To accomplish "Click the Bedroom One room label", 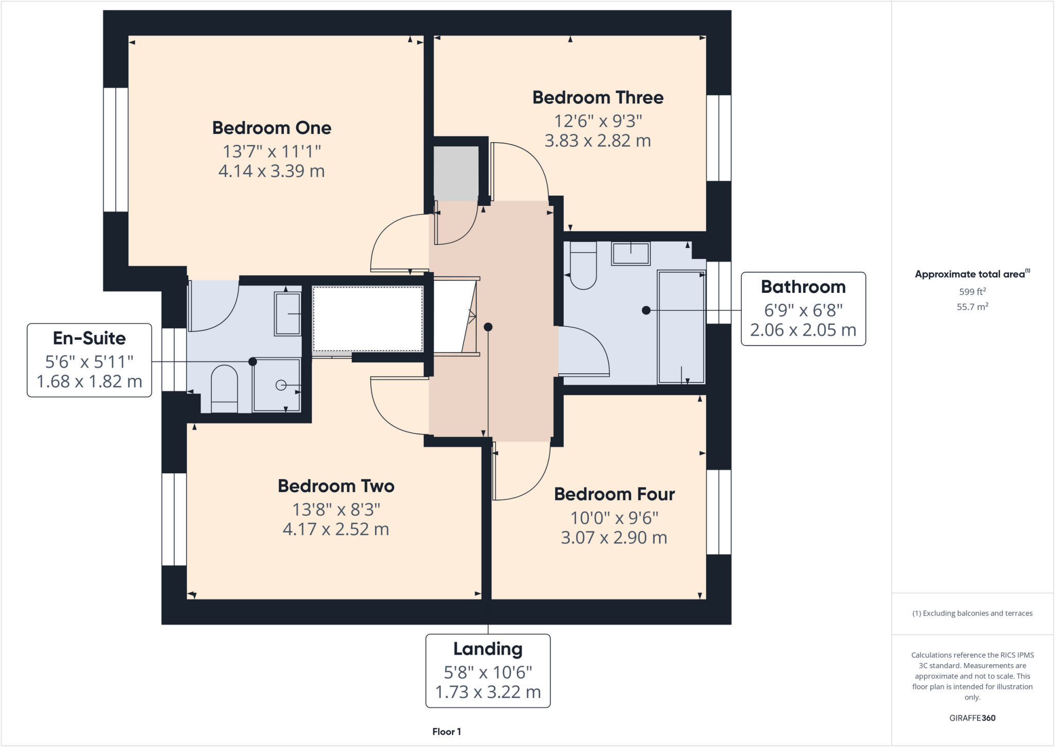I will click(x=271, y=128).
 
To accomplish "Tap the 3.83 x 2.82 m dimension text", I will click(x=598, y=141).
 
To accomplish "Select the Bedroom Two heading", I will click(x=336, y=486).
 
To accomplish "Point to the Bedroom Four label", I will click(x=614, y=494).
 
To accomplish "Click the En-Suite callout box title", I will click(x=89, y=338).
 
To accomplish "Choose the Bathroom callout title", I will click(x=803, y=287).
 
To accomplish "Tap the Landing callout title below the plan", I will click(x=488, y=649).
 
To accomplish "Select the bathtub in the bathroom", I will click(x=681, y=327).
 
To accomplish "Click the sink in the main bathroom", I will click(x=631, y=254).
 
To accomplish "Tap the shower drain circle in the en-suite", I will click(x=281, y=385).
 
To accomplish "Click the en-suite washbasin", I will click(x=287, y=314).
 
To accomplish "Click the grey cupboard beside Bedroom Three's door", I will click(x=456, y=173).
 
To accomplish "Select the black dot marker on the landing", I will click(x=488, y=327).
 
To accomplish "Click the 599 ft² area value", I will click(x=972, y=291).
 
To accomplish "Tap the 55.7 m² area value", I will click(x=972, y=307).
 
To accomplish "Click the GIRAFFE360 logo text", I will click(x=972, y=718).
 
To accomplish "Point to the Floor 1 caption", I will click(x=447, y=732).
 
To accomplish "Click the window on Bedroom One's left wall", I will click(x=116, y=150).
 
